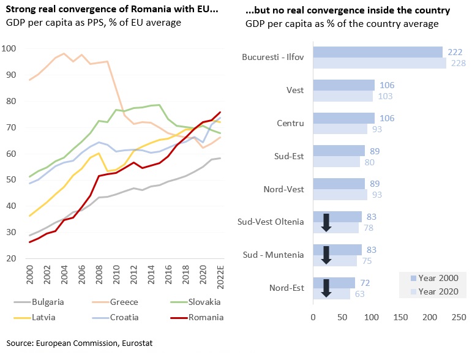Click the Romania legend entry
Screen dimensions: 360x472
tap(206, 317)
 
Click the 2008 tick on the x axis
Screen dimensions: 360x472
tap(99, 273)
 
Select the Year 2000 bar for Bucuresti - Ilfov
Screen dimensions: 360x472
tap(377, 52)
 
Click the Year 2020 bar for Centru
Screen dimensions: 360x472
tap(340, 129)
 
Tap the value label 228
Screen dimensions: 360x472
tap(457, 63)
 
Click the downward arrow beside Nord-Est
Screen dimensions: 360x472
tap(326, 288)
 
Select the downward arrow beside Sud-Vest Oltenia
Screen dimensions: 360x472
tap(326, 222)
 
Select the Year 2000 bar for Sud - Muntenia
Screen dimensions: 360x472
tap(337, 249)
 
